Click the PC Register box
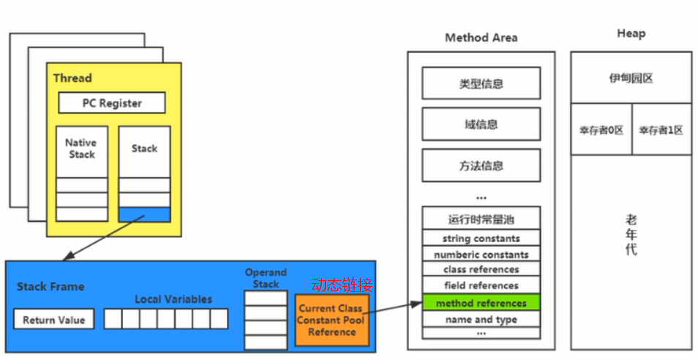(112, 103)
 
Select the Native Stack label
(81, 149)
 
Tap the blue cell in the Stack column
(144, 214)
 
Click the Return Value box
(53, 320)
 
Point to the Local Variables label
(173, 299)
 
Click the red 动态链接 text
(342, 285)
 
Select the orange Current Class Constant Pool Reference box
(331, 320)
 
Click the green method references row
(481, 302)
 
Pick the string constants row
(481, 239)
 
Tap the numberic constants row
(481, 255)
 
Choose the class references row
(481, 270)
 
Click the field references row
(481, 286)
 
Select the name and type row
(481, 319)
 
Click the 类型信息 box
(481, 83)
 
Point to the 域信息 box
(481, 124)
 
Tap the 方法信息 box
(481, 165)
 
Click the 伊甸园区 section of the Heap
(631, 78)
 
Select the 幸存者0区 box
(601, 130)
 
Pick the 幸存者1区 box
(661, 130)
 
